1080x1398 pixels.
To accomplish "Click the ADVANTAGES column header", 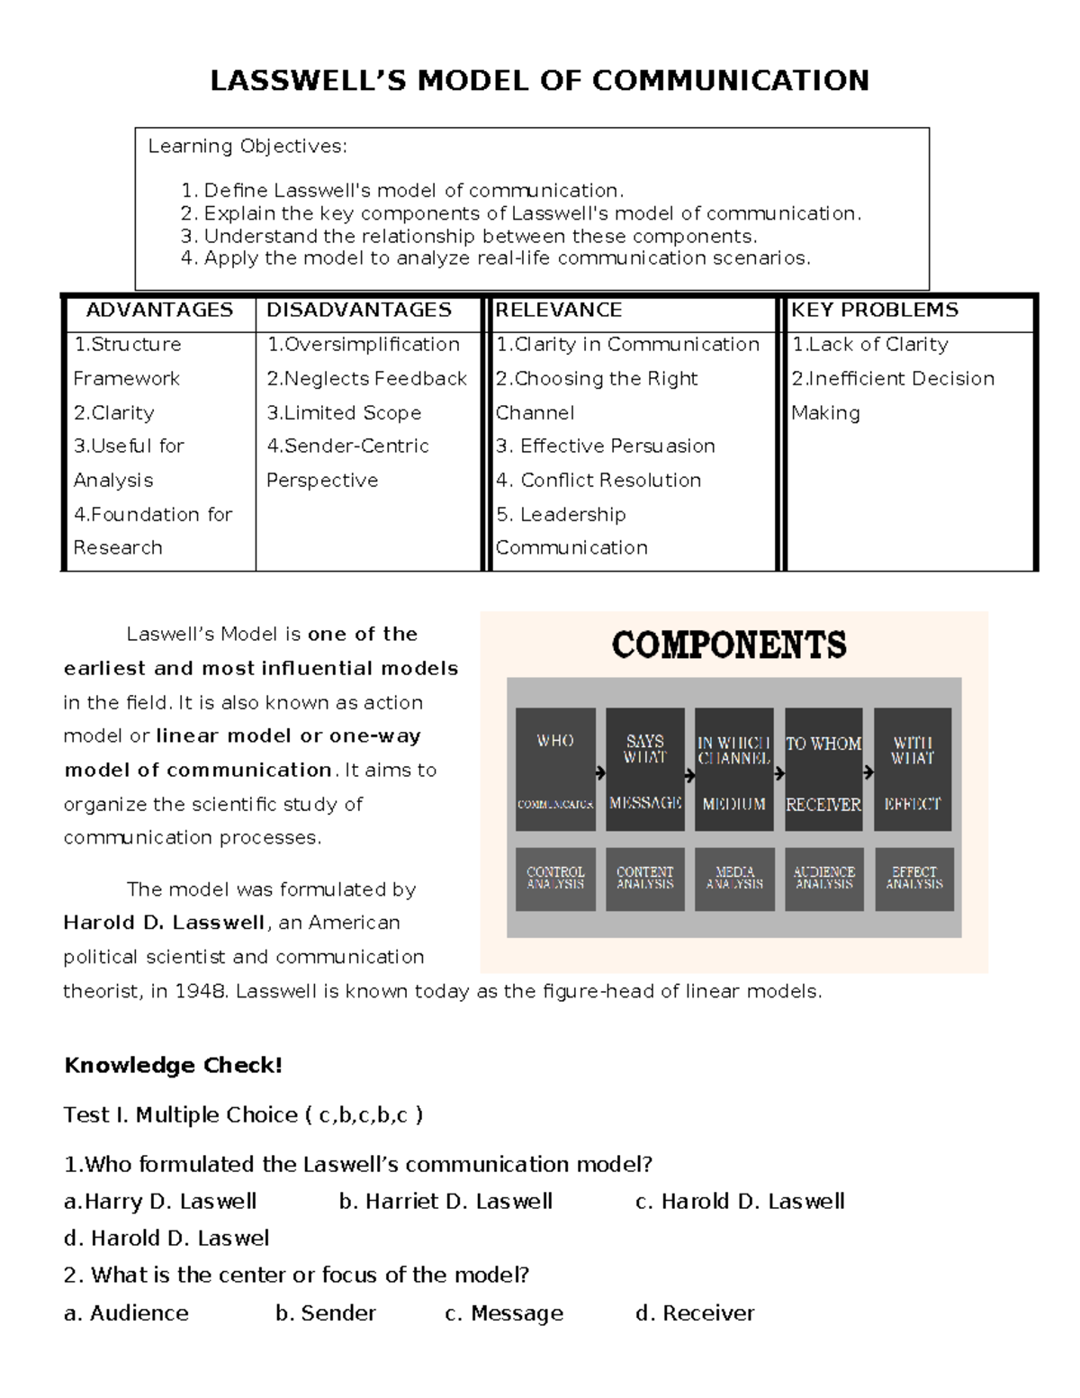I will pos(159,311).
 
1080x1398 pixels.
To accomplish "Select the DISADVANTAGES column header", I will pos(358,311).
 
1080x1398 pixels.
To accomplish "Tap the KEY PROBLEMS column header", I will pos(874,311).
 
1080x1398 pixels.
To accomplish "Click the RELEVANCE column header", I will pos(558,311).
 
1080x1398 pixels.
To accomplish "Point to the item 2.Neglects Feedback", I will pos(366,379).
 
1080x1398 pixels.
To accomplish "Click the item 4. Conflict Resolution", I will pos(598,481).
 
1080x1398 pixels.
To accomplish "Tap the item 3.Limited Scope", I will pos(344,413).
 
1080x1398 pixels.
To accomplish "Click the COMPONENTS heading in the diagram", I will pos(729,645).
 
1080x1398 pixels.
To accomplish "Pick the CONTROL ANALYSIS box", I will pos(555,879).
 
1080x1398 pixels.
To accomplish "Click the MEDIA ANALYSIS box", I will pos(734,879).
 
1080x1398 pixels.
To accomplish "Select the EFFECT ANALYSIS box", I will pos(913,879).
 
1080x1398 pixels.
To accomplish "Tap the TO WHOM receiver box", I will pos(823,770).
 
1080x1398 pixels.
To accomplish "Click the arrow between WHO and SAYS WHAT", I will pos(600,772).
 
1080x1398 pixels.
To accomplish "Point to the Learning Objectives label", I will pos(247,147).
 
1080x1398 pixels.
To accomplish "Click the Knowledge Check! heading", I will pos(173,1066).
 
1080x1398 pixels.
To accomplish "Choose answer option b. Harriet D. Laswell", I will pos(445,1202).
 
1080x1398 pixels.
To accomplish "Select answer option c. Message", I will pos(504,1313).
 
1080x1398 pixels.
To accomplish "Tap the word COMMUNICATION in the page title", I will pos(730,81).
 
